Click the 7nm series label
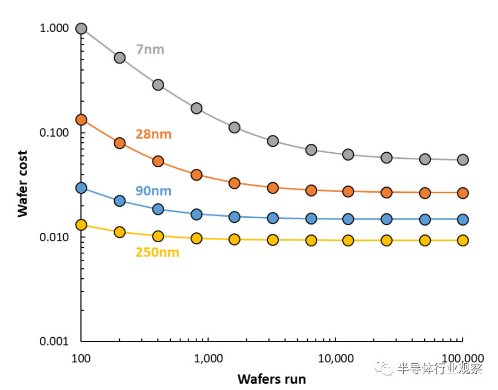tap(150, 49)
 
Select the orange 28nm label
tap(154, 134)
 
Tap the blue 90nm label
tap(154, 191)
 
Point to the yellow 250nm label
tap(157, 252)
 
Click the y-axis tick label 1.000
tap(54, 29)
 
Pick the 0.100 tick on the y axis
tap(54, 133)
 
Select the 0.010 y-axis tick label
tap(54, 238)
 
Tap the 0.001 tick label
tap(54, 342)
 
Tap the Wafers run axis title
tap(272, 379)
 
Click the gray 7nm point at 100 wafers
tap(82, 29)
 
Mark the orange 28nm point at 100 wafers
tap(82, 119)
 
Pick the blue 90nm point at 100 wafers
tap(82, 188)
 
